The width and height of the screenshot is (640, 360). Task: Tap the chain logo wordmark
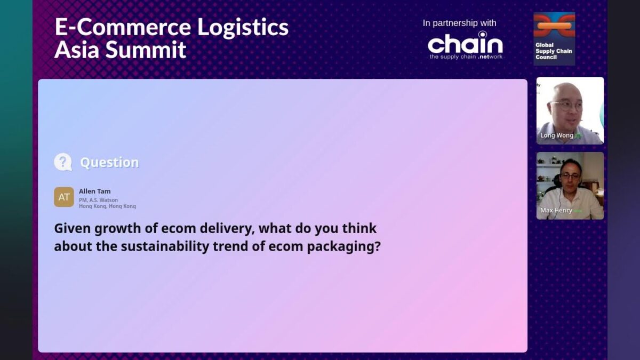tap(465, 44)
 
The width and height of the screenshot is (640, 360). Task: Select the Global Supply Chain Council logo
tap(554, 39)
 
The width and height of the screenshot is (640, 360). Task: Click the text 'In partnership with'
tap(459, 23)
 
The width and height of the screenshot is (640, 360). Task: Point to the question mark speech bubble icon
tap(63, 162)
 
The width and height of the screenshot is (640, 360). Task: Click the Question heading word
tap(109, 163)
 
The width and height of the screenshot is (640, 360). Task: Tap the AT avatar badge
tap(64, 197)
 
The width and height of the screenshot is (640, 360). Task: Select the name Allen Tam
tap(95, 191)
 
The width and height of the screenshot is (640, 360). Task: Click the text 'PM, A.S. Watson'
tap(99, 200)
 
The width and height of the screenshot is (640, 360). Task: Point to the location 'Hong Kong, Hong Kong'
tap(107, 206)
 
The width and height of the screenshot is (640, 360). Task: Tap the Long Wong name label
tap(557, 135)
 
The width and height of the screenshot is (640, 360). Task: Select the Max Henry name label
tap(556, 210)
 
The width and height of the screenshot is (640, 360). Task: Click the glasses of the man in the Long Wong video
tap(566, 105)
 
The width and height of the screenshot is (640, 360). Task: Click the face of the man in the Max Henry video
tap(570, 177)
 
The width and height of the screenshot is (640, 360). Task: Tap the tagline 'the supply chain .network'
tap(466, 57)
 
